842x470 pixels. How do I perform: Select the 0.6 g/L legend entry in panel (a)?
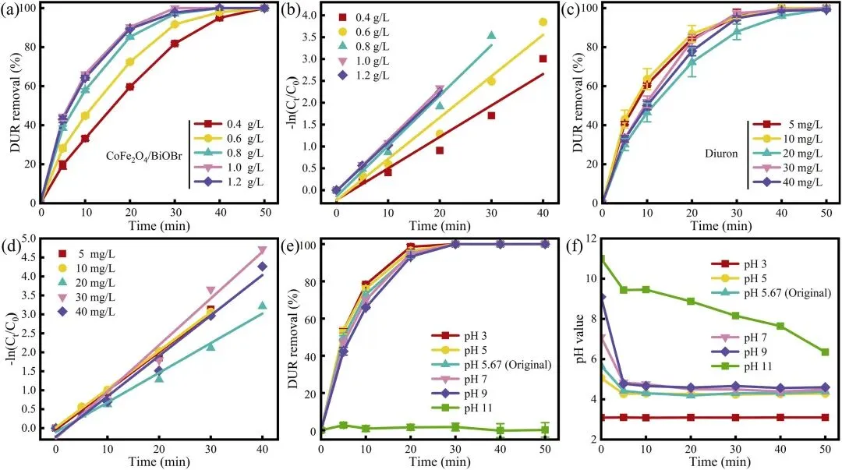tap(230, 139)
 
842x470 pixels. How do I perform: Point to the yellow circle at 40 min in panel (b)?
tap(543, 22)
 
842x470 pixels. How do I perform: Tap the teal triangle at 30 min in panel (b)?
tap(491, 35)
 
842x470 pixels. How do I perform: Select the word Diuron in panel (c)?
tap(721, 154)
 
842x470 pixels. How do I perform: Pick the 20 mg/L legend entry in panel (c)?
tap(787, 154)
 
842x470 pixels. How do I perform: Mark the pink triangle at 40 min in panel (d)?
tap(262, 250)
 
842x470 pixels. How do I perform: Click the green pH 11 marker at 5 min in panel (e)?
tap(342, 426)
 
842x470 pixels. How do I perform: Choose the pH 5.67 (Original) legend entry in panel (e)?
tap(491, 366)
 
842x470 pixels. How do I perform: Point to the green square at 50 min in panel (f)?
tap(825, 352)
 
